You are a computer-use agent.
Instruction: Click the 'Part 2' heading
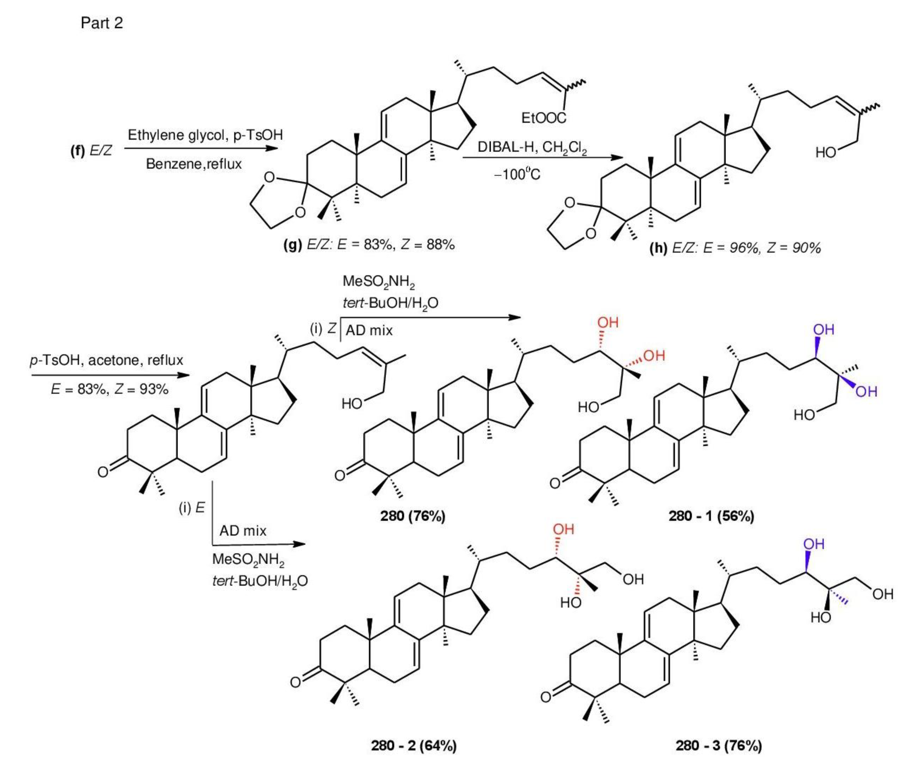(x=102, y=22)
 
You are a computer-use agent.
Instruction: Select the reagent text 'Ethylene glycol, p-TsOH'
(x=205, y=135)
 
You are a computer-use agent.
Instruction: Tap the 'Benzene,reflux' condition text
(x=193, y=164)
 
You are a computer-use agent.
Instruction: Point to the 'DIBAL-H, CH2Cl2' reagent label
(x=532, y=148)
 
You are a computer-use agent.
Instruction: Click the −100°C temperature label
(x=517, y=174)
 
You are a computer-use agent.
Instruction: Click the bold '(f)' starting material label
(x=78, y=150)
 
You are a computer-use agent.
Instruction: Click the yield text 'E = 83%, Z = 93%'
(x=109, y=389)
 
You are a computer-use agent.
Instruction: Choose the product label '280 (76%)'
(x=412, y=516)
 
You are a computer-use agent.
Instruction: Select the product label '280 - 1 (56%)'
(x=711, y=516)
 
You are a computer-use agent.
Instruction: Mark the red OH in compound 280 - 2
(x=563, y=529)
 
